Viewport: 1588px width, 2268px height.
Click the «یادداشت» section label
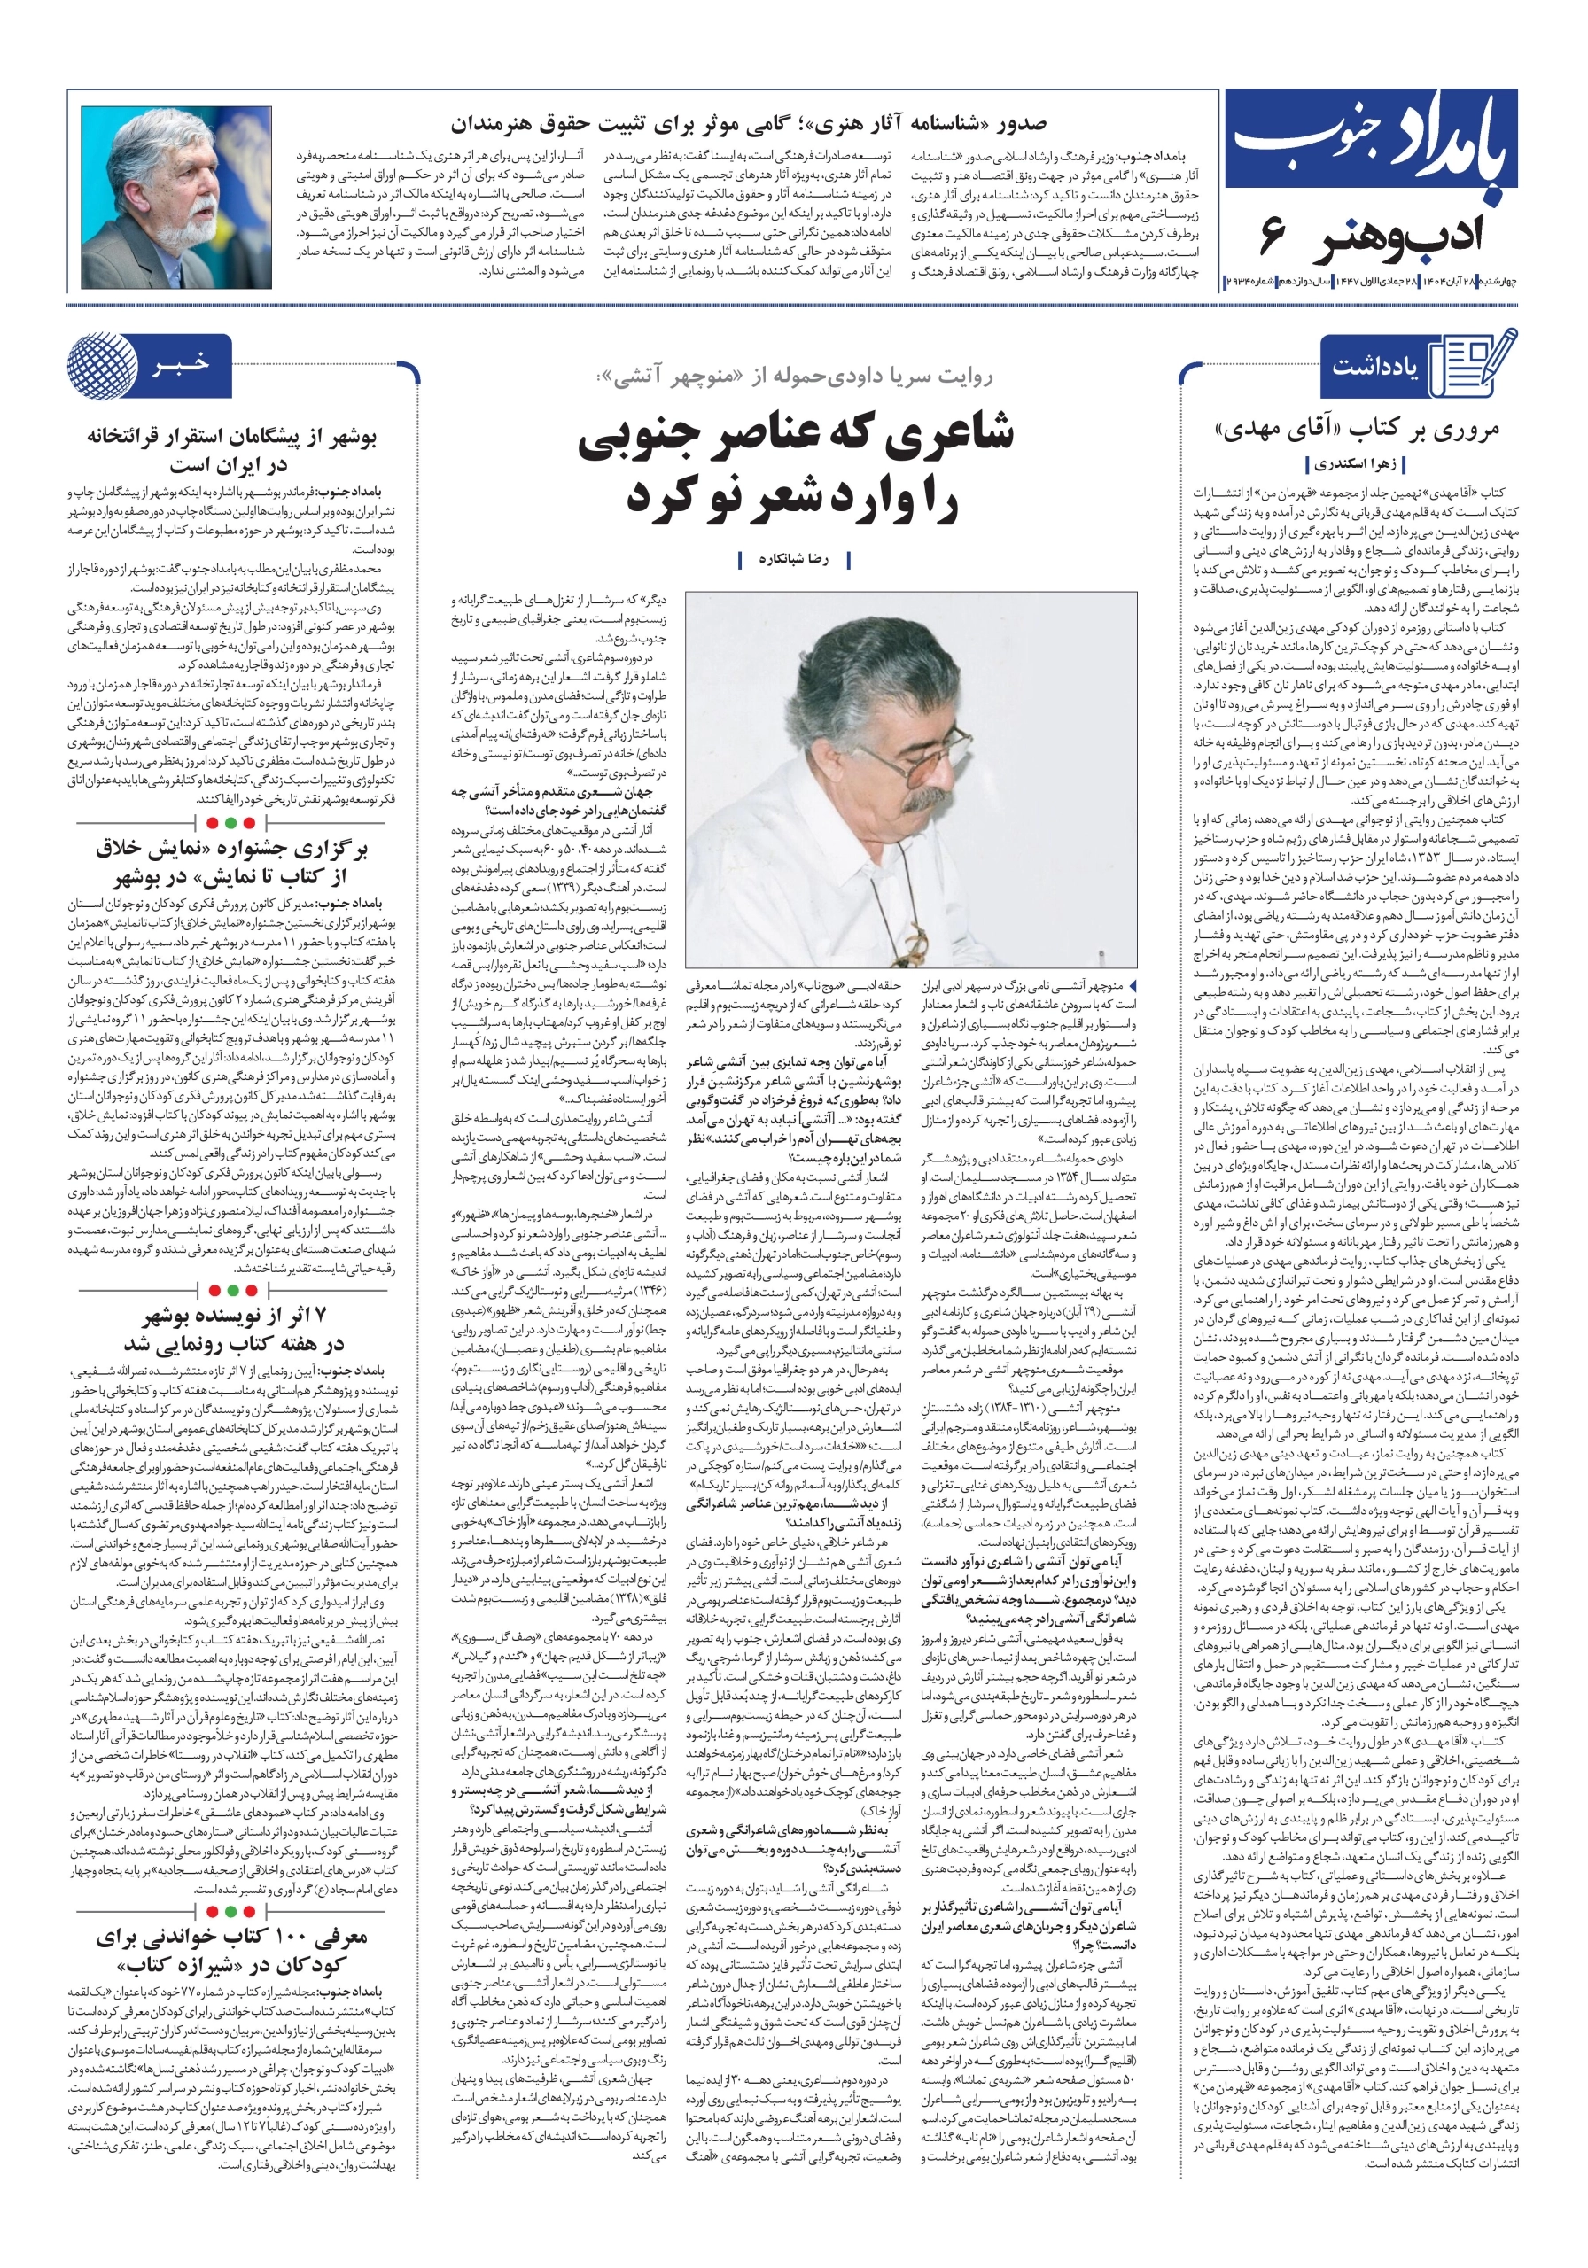(1374, 367)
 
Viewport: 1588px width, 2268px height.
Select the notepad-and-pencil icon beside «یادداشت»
(1476, 362)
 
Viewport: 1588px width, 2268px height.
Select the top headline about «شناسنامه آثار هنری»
(748, 124)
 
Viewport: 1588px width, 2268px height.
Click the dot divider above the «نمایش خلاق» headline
(231, 822)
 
